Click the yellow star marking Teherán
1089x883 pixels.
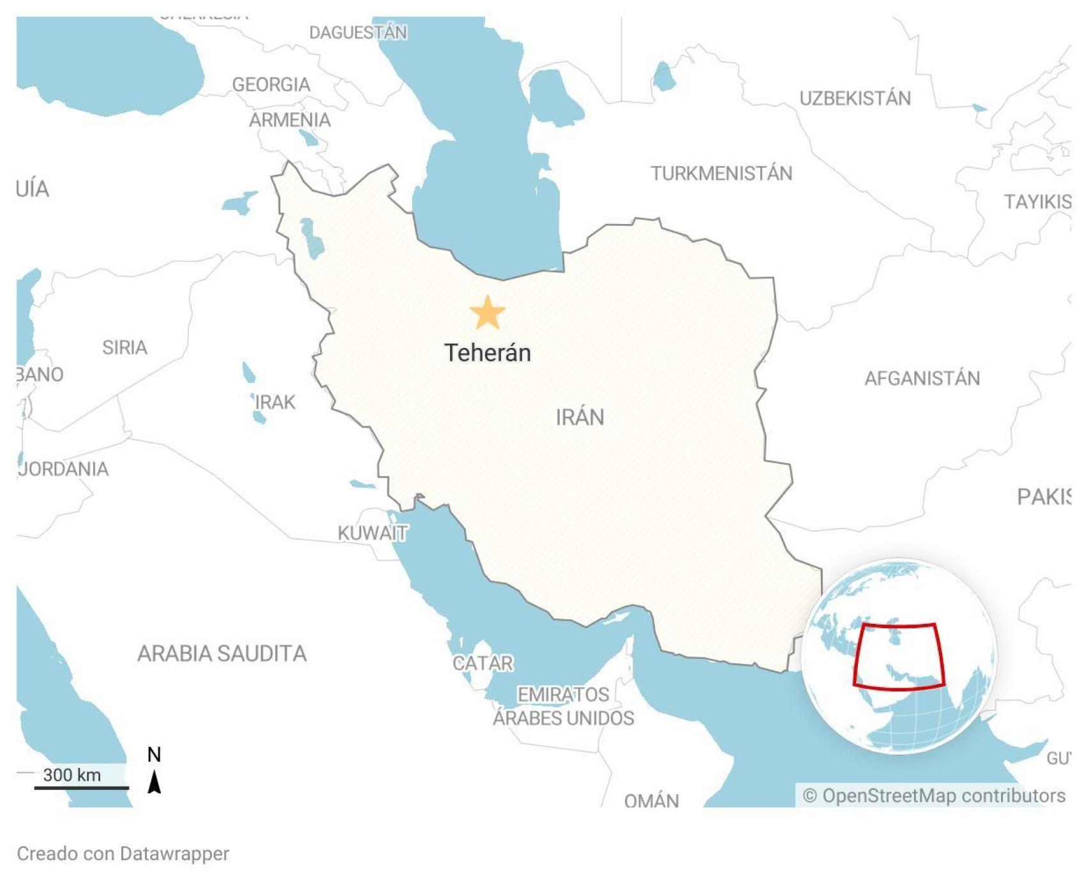click(x=488, y=313)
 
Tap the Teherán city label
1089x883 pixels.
click(x=488, y=352)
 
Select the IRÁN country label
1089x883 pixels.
click(x=580, y=417)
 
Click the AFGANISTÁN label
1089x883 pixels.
click(x=922, y=378)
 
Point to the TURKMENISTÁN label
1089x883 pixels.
click(x=721, y=173)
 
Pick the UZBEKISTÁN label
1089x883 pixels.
click(x=855, y=98)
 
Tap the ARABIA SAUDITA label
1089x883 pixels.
click(x=222, y=653)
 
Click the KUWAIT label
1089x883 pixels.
click(x=373, y=532)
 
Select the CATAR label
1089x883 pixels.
click(x=483, y=663)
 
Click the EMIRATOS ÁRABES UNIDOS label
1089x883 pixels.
click(x=563, y=706)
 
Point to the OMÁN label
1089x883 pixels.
click(x=651, y=800)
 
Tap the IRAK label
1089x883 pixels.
click(x=276, y=402)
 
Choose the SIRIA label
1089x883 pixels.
click(x=124, y=347)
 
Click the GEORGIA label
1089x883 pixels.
click(x=271, y=84)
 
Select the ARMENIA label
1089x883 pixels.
click(x=290, y=119)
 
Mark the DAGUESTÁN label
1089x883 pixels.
click(x=358, y=32)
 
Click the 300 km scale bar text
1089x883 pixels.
click(x=71, y=774)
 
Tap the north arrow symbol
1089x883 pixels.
click(x=154, y=780)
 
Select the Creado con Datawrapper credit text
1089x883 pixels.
click(x=123, y=854)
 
